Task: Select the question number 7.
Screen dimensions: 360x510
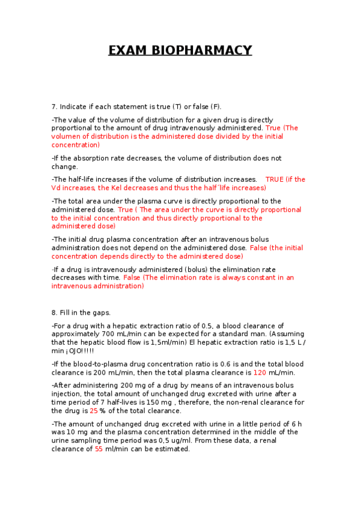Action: click(x=54, y=106)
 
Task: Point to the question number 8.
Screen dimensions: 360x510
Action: click(x=54, y=313)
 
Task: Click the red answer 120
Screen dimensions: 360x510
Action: click(x=260, y=372)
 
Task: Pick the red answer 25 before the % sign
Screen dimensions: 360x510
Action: click(x=93, y=411)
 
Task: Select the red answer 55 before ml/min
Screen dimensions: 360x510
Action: click(x=99, y=449)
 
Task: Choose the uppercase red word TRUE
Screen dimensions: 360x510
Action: click(x=274, y=179)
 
